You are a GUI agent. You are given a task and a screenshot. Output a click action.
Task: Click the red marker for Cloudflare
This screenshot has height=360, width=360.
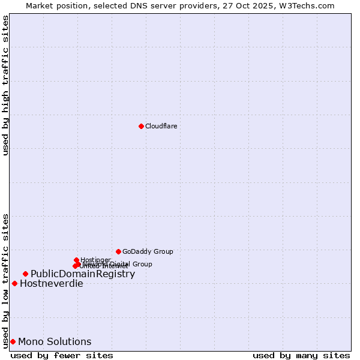[141, 126]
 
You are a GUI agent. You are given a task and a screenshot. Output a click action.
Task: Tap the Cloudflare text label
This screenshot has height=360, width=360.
[161, 126]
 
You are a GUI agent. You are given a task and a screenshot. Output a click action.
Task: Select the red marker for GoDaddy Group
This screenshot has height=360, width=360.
[118, 251]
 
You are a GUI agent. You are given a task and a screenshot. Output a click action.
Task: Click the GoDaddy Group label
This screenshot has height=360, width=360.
[148, 251]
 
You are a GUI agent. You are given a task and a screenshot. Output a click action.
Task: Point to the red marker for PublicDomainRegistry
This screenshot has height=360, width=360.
[25, 274]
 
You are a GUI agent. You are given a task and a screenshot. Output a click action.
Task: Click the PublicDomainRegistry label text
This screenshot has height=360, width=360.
[83, 274]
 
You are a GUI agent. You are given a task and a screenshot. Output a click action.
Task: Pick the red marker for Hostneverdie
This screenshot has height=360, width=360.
[14, 283]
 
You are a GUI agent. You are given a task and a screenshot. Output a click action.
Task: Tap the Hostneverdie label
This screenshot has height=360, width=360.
[52, 283]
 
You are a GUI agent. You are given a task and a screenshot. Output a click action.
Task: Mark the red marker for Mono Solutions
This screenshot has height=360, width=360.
[13, 341]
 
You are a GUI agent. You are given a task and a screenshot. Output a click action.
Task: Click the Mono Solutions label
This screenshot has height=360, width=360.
[55, 341]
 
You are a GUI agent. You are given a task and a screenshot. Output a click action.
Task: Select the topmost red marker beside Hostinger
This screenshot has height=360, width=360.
[76, 260]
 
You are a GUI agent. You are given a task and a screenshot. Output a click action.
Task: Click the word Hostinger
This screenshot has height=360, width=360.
[96, 260]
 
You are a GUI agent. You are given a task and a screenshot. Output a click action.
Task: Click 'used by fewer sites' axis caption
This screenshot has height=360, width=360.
[62, 355]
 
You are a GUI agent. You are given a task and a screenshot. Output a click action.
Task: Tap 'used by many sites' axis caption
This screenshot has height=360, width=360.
[301, 355]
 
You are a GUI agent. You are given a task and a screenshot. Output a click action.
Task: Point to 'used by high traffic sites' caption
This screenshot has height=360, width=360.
[6, 85]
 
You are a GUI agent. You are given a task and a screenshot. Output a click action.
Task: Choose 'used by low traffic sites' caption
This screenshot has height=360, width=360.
[6, 280]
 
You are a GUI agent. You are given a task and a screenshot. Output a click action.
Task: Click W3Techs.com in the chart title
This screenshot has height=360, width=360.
[305, 5]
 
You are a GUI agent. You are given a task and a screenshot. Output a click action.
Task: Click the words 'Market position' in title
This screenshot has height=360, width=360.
[56, 5]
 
